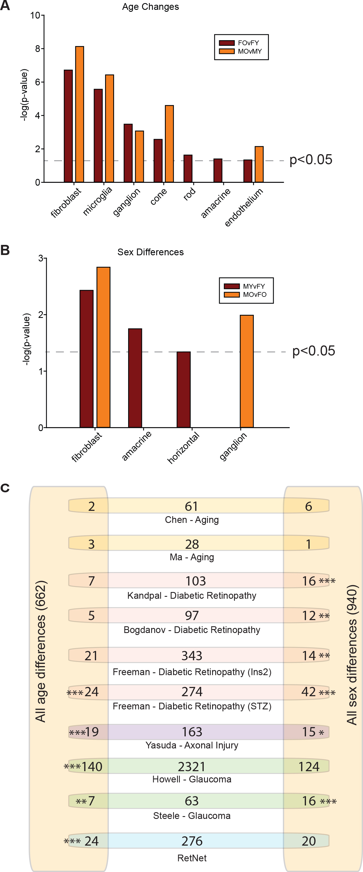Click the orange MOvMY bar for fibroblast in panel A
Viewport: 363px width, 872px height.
tap(80, 114)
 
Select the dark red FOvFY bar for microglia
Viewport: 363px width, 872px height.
tap(98, 136)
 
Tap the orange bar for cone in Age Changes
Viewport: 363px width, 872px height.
tap(169, 144)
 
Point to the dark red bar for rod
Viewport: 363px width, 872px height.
tap(188, 169)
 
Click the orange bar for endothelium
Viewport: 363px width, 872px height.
tap(259, 165)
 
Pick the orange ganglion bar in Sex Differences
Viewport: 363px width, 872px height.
tap(246, 371)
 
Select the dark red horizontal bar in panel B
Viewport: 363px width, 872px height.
tap(183, 390)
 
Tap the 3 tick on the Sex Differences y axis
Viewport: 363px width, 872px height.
tap(41, 259)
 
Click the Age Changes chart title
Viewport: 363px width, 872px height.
tap(150, 7)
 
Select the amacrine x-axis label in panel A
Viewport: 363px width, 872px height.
tap(216, 203)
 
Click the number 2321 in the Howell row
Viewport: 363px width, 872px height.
tap(192, 767)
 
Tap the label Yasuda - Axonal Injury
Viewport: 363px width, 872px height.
tap(192, 745)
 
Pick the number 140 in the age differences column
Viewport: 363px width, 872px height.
tap(91, 767)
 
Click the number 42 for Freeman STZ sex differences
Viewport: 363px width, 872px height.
tap(308, 692)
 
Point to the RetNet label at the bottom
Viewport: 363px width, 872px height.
tap(192, 858)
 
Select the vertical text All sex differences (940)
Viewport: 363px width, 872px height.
tap(352, 655)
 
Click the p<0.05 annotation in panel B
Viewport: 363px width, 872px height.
tap(314, 351)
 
